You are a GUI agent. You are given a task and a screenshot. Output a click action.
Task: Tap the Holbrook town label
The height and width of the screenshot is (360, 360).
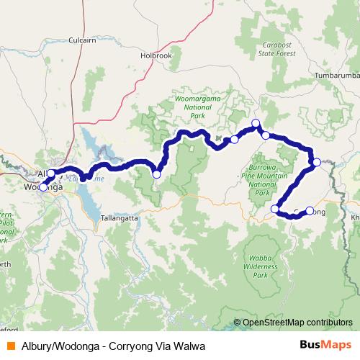[156, 55]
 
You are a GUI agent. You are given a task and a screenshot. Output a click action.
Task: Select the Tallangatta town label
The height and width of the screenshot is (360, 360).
[120, 217]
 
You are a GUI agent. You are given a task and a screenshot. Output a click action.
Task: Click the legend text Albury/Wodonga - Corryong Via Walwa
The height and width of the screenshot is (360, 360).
[108, 346]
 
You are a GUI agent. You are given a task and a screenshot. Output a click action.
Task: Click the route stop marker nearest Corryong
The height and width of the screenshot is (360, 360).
[310, 210]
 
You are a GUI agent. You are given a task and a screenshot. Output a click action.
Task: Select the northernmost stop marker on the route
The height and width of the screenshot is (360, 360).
[255, 122]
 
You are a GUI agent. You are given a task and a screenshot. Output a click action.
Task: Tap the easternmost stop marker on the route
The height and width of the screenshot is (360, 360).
[317, 162]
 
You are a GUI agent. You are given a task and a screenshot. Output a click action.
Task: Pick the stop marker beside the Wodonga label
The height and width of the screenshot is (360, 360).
[43, 187]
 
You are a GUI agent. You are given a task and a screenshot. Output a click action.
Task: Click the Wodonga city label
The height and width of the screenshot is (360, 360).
[42, 188]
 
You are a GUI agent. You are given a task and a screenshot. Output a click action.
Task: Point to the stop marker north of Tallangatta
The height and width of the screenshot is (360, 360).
[156, 174]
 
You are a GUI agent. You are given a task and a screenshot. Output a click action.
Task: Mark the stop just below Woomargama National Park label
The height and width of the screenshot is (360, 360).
[234, 139]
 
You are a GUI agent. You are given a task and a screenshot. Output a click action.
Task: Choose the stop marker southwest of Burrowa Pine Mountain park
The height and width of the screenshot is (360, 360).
[274, 209]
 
